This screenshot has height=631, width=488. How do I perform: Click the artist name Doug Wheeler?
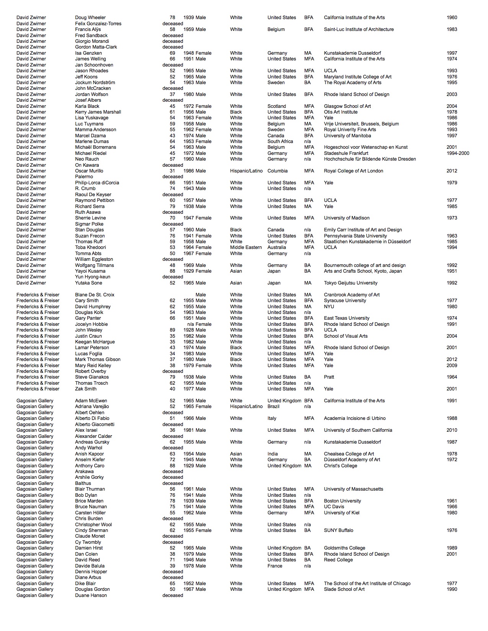[90, 18]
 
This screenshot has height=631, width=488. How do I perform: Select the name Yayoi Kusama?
[90, 271]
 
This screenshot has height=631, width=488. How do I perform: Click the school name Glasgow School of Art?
[347, 106]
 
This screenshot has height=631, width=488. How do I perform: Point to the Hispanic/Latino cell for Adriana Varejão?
[246, 407]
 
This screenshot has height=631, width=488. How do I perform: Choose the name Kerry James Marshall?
[98, 112]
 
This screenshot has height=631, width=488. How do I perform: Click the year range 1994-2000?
[458, 153]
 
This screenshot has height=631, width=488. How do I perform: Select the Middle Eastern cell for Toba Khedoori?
[245, 247]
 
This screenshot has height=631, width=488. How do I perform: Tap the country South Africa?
[280, 141]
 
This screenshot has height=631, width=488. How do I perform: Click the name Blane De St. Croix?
[95, 295]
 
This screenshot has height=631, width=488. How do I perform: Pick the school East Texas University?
[346, 318]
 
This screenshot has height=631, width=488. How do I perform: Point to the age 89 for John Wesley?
[173, 330]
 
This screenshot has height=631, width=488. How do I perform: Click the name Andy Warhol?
[89, 448]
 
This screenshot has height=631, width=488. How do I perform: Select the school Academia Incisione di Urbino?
[355, 418]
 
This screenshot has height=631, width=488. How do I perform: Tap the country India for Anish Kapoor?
[273, 454]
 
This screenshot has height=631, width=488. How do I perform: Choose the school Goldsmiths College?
[344, 548]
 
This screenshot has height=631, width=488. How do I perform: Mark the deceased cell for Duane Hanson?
[173, 595]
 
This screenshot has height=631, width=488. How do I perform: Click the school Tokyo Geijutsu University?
[351, 283]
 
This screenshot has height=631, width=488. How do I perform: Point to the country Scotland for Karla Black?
[277, 106]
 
